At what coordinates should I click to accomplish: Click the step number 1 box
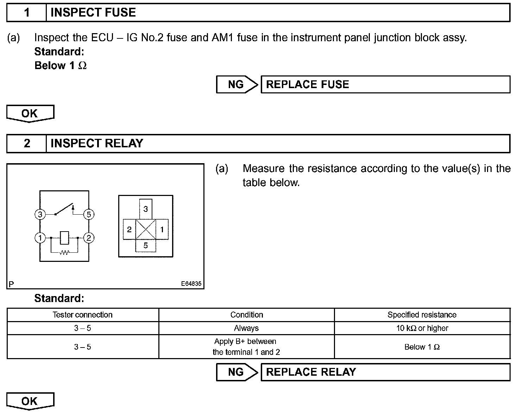(x=27, y=13)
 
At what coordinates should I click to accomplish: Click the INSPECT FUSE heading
(x=93, y=13)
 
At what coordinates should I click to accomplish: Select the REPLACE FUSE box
(x=385, y=85)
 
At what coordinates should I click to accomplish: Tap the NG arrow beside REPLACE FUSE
(x=237, y=85)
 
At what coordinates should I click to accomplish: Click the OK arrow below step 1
(x=30, y=113)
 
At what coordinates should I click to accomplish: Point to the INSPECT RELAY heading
(x=97, y=143)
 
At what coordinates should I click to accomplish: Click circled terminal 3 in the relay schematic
(x=40, y=214)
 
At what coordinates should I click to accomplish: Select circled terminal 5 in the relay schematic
(x=89, y=214)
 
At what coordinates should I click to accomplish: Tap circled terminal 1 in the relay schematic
(x=40, y=238)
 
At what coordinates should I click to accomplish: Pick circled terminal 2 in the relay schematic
(x=89, y=238)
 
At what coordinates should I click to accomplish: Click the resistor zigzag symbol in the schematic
(x=64, y=252)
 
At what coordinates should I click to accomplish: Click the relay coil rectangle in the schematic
(x=64, y=238)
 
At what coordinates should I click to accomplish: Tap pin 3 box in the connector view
(x=145, y=209)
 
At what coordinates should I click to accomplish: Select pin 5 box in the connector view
(x=145, y=246)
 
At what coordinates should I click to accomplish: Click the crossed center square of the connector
(x=145, y=229)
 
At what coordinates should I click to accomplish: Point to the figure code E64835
(x=191, y=284)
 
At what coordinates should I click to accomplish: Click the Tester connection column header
(x=83, y=315)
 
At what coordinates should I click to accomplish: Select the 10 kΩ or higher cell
(x=422, y=328)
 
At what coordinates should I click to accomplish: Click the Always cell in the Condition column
(x=246, y=328)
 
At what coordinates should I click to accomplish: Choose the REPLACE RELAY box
(x=385, y=372)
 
